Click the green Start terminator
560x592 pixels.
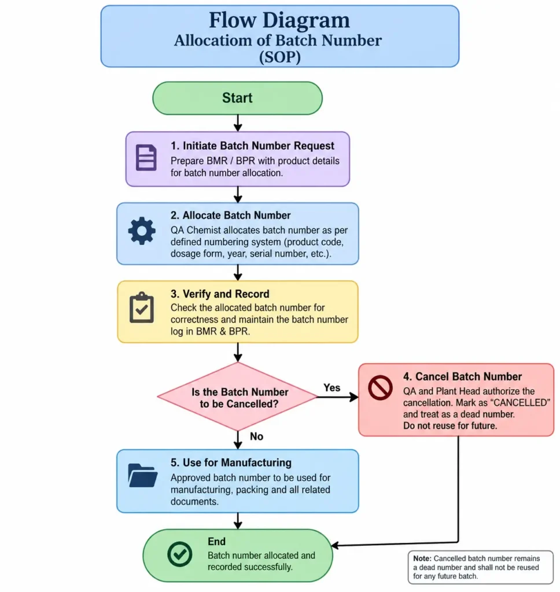click(237, 98)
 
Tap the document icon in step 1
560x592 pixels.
click(146, 157)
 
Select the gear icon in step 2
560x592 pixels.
click(142, 231)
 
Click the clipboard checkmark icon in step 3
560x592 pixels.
click(142, 308)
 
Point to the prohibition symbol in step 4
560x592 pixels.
click(380, 387)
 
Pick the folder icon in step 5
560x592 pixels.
click(143, 475)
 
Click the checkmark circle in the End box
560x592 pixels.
click(179, 554)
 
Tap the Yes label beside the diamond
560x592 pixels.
click(331, 388)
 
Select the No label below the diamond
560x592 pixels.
click(257, 436)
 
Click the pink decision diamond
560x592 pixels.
click(238, 397)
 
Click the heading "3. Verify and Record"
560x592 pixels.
click(220, 294)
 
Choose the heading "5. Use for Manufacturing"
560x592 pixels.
click(231, 462)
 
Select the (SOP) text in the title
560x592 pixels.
click(280, 57)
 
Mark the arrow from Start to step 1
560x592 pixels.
click(238, 123)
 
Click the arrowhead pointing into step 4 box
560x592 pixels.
click(353, 397)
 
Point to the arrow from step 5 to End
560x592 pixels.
click(238, 521)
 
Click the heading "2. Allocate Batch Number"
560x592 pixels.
click(230, 215)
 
